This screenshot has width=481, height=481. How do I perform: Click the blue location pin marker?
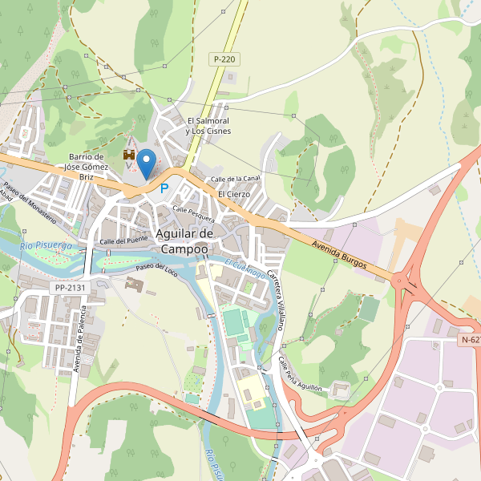pyautogui.click(x=146, y=164)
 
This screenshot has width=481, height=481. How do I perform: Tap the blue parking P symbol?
pyautogui.click(x=164, y=189)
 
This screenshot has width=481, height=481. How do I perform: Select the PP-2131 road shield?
pyautogui.click(x=70, y=288)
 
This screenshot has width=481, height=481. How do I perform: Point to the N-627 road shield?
pyautogui.click(x=470, y=340)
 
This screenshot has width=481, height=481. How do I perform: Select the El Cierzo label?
pyautogui.click(x=234, y=194)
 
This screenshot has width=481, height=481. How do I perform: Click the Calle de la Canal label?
pyautogui.click(x=235, y=178)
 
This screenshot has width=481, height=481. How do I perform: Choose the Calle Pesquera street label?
pyautogui.click(x=193, y=213)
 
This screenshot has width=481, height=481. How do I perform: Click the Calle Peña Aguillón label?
pyautogui.click(x=300, y=374)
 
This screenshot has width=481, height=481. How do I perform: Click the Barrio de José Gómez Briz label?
pyautogui.click(x=87, y=167)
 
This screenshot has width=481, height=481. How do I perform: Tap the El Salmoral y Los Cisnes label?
pyautogui.click(x=207, y=126)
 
